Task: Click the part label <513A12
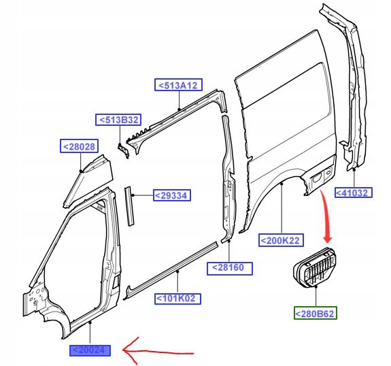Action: click(178, 85)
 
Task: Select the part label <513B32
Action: click(118, 120)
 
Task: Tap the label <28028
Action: click(80, 146)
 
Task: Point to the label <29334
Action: click(172, 195)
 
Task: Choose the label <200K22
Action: click(281, 240)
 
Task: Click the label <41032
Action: click(354, 193)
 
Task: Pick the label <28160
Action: click(230, 269)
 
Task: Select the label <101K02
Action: click(177, 299)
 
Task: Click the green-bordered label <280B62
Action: click(316, 313)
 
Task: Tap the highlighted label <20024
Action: click(90, 350)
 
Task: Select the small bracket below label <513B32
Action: click(124, 150)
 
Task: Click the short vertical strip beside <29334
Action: click(129, 206)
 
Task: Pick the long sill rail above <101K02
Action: click(171, 271)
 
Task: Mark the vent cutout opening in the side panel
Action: click(317, 178)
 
